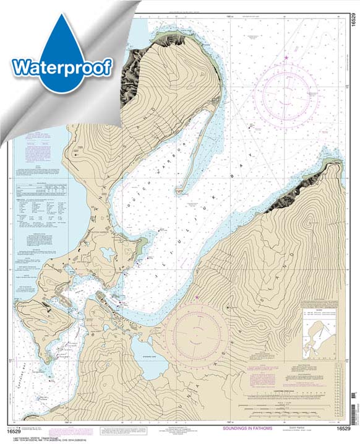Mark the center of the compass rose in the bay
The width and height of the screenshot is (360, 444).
286,93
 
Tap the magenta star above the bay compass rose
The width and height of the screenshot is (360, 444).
286,58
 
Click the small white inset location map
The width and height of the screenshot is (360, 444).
322,334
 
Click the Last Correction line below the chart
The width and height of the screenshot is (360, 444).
37,432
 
